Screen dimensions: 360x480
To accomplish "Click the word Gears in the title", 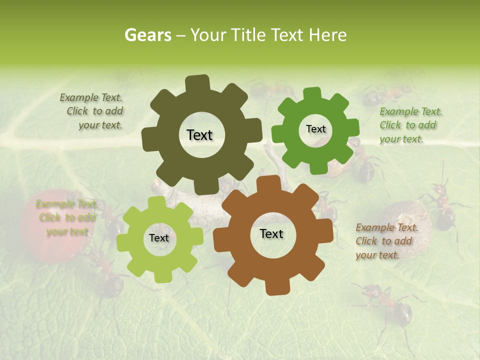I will tap(147, 35).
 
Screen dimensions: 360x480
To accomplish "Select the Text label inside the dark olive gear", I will tap(199, 135).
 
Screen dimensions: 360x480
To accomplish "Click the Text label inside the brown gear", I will tap(271, 233).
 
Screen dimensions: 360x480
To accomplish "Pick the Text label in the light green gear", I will tap(159, 238).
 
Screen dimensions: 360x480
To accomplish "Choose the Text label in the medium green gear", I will tap(315, 129).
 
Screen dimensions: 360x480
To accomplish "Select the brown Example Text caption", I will tap(386, 241).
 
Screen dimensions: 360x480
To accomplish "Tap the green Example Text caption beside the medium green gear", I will tap(410, 125).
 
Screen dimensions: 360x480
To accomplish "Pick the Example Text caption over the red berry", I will tap(66, 217).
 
